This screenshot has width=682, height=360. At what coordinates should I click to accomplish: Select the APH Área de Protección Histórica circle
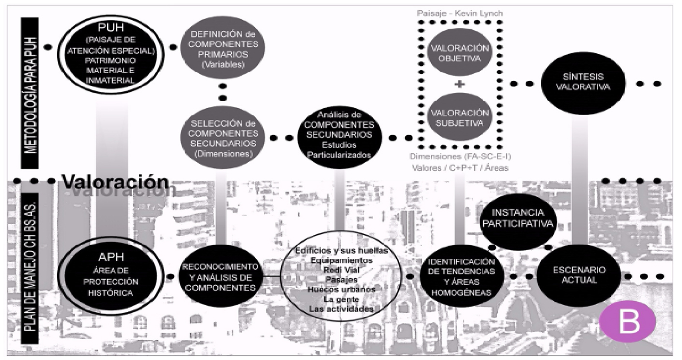click(x=110, y=275)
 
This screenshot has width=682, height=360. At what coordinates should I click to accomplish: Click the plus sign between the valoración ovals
click(x=460, y=84)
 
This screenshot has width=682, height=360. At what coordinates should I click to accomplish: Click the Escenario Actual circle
click(x=578, y=275)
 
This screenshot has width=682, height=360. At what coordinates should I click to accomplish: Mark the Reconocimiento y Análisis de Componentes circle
click(x=220, y=276)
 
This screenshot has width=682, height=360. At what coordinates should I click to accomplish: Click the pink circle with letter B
click(x=627, y=321)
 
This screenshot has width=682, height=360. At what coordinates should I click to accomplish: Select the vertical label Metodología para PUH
click(x=29, y=92)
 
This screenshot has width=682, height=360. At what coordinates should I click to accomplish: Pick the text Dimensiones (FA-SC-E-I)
click(x=459, y=157)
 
